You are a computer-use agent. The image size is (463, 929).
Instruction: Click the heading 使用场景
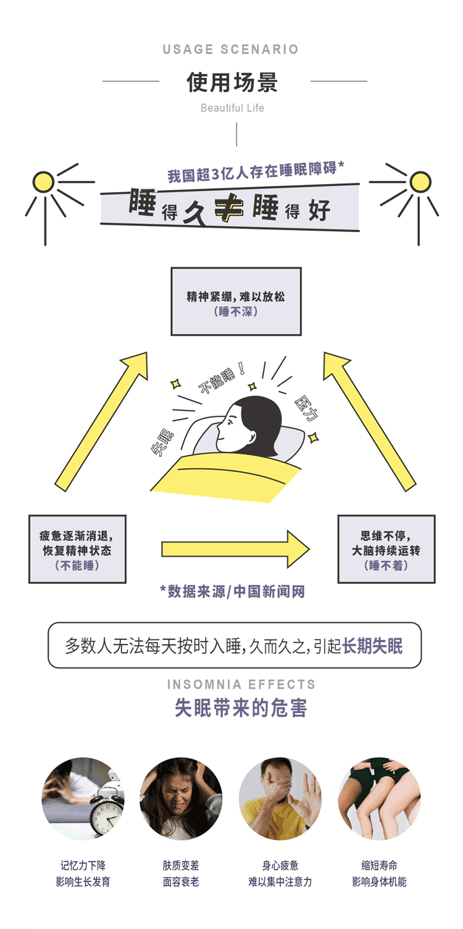232,81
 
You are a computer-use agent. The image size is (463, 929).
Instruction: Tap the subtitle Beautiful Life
232,108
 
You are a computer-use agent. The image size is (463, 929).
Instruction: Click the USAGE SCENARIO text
231,49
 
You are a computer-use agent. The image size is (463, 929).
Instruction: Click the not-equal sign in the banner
228,209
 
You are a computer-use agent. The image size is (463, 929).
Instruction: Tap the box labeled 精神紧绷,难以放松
236,301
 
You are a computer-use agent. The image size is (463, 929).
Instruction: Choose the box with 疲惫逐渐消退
77,549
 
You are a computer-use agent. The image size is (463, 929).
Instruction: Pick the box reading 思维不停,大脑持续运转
386,549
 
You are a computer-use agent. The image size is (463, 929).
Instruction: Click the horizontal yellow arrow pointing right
235,549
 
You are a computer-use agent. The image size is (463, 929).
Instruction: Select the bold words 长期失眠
372,646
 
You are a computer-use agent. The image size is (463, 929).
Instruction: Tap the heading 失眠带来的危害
241,707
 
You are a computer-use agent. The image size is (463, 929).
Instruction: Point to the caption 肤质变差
181,865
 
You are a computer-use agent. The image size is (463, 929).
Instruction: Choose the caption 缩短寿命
379,865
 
